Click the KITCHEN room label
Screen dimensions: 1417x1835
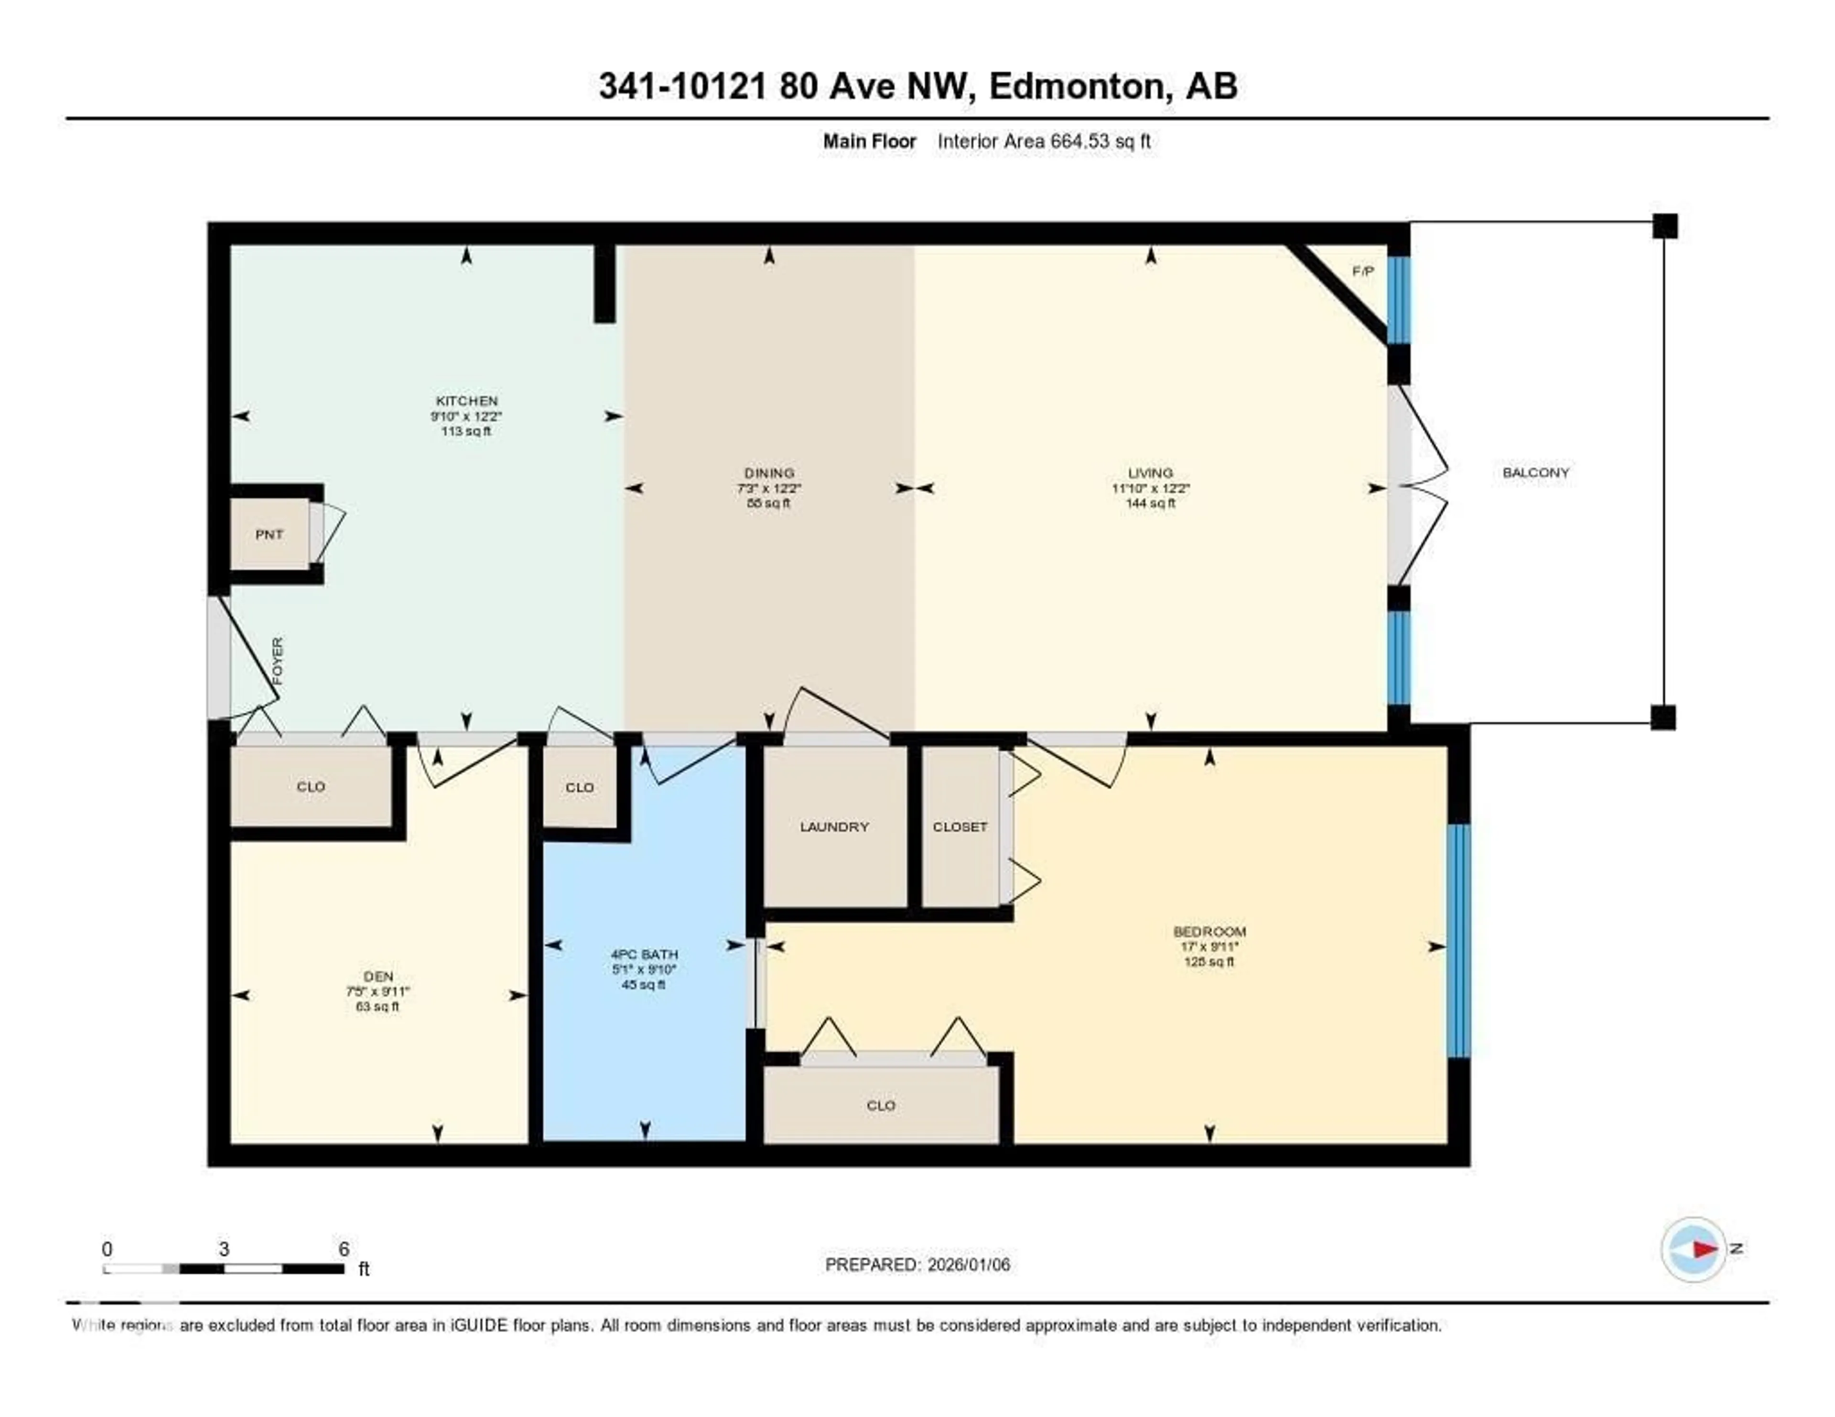coord(466,401)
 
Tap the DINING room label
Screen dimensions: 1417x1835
coord(769,473)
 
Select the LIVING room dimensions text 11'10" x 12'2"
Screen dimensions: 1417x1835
coord(1150,488)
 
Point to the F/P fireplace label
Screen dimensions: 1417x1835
coord(1363,271)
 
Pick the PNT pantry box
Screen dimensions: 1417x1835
coord(270,534)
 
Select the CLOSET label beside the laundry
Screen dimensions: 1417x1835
coord(960,827)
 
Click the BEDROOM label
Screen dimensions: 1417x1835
coord(1209,931)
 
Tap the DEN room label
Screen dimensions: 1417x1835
coord(378,976)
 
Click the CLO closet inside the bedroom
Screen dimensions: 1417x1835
coord(881,1106)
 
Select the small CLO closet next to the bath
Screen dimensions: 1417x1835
coord(580,787)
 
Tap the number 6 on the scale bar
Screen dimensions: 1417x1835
coord(344,1249)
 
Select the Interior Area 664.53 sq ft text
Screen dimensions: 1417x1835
coord(1044,141)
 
